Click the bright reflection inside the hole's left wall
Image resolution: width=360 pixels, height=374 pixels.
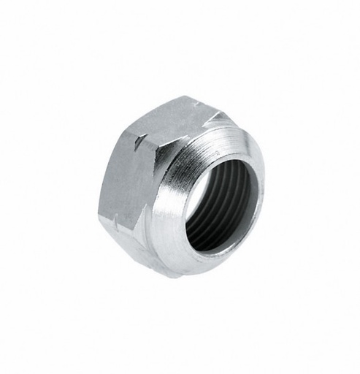click(191, 212)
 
